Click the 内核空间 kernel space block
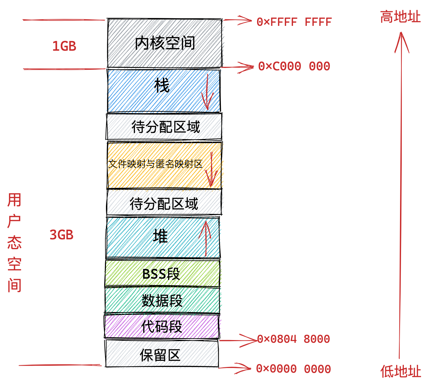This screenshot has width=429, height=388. (x=165, y=43)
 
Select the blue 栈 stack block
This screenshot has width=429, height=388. (x=162, y=90)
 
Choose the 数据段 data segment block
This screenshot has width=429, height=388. (x=162, y=300)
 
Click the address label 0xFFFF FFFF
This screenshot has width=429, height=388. (x=294, y=22)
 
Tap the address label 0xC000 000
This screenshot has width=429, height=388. (x=294, y=66)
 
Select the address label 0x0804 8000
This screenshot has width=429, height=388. (x=293, y=339)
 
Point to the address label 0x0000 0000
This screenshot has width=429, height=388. (x=293, y=369)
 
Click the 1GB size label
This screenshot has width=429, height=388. (x=64, y=46)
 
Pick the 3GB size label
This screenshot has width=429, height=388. (x=62, y=235)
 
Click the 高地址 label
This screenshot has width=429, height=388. (x=400, y=17)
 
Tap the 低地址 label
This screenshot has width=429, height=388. (x=401, y=371)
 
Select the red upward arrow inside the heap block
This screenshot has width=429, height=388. (x=205, y=238)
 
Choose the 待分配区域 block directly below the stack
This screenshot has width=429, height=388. (x=164, y=127)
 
